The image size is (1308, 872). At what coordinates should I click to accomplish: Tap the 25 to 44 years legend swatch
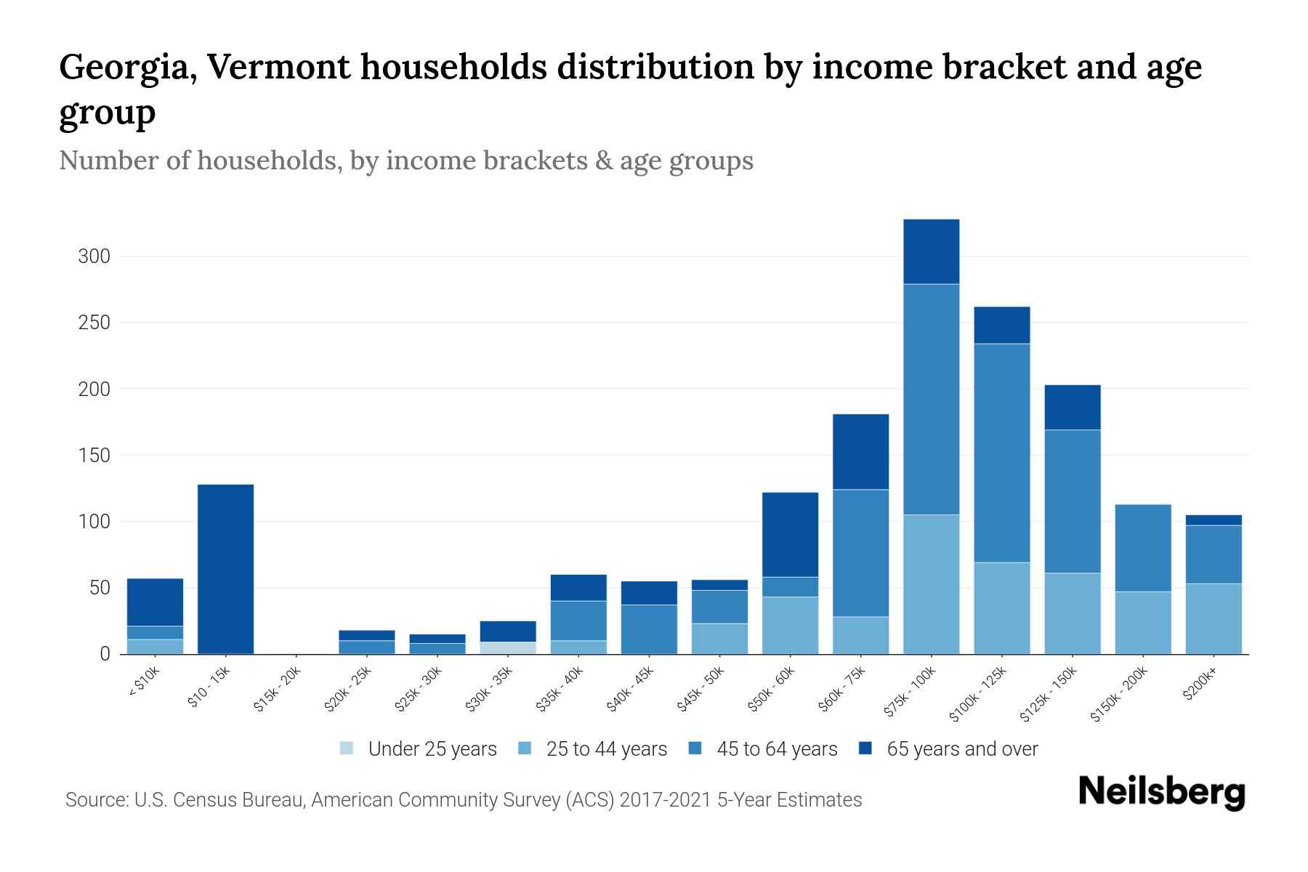tap(524, 748)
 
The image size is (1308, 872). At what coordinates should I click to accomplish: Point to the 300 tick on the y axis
tap(94, 257)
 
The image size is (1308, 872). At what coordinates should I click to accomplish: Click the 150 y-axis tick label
tap(94, 456)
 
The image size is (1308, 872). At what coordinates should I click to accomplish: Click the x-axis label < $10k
tap(144, 682)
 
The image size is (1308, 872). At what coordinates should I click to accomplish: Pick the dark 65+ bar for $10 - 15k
tap(225, 569)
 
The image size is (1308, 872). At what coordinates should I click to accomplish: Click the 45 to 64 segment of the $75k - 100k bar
tap(931, 399)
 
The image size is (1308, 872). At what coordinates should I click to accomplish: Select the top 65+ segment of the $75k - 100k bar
tap(931, 251)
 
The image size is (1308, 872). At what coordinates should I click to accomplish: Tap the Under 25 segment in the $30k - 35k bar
tap(508, 647)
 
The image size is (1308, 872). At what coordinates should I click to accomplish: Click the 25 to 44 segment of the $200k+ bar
tap(1213, 618)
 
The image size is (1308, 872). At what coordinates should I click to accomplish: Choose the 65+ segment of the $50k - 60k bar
tap(790, 534)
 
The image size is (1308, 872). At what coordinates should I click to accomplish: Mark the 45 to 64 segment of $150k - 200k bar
tap(1142, 547)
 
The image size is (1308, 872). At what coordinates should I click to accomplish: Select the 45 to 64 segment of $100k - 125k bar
tap(1001, 452)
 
